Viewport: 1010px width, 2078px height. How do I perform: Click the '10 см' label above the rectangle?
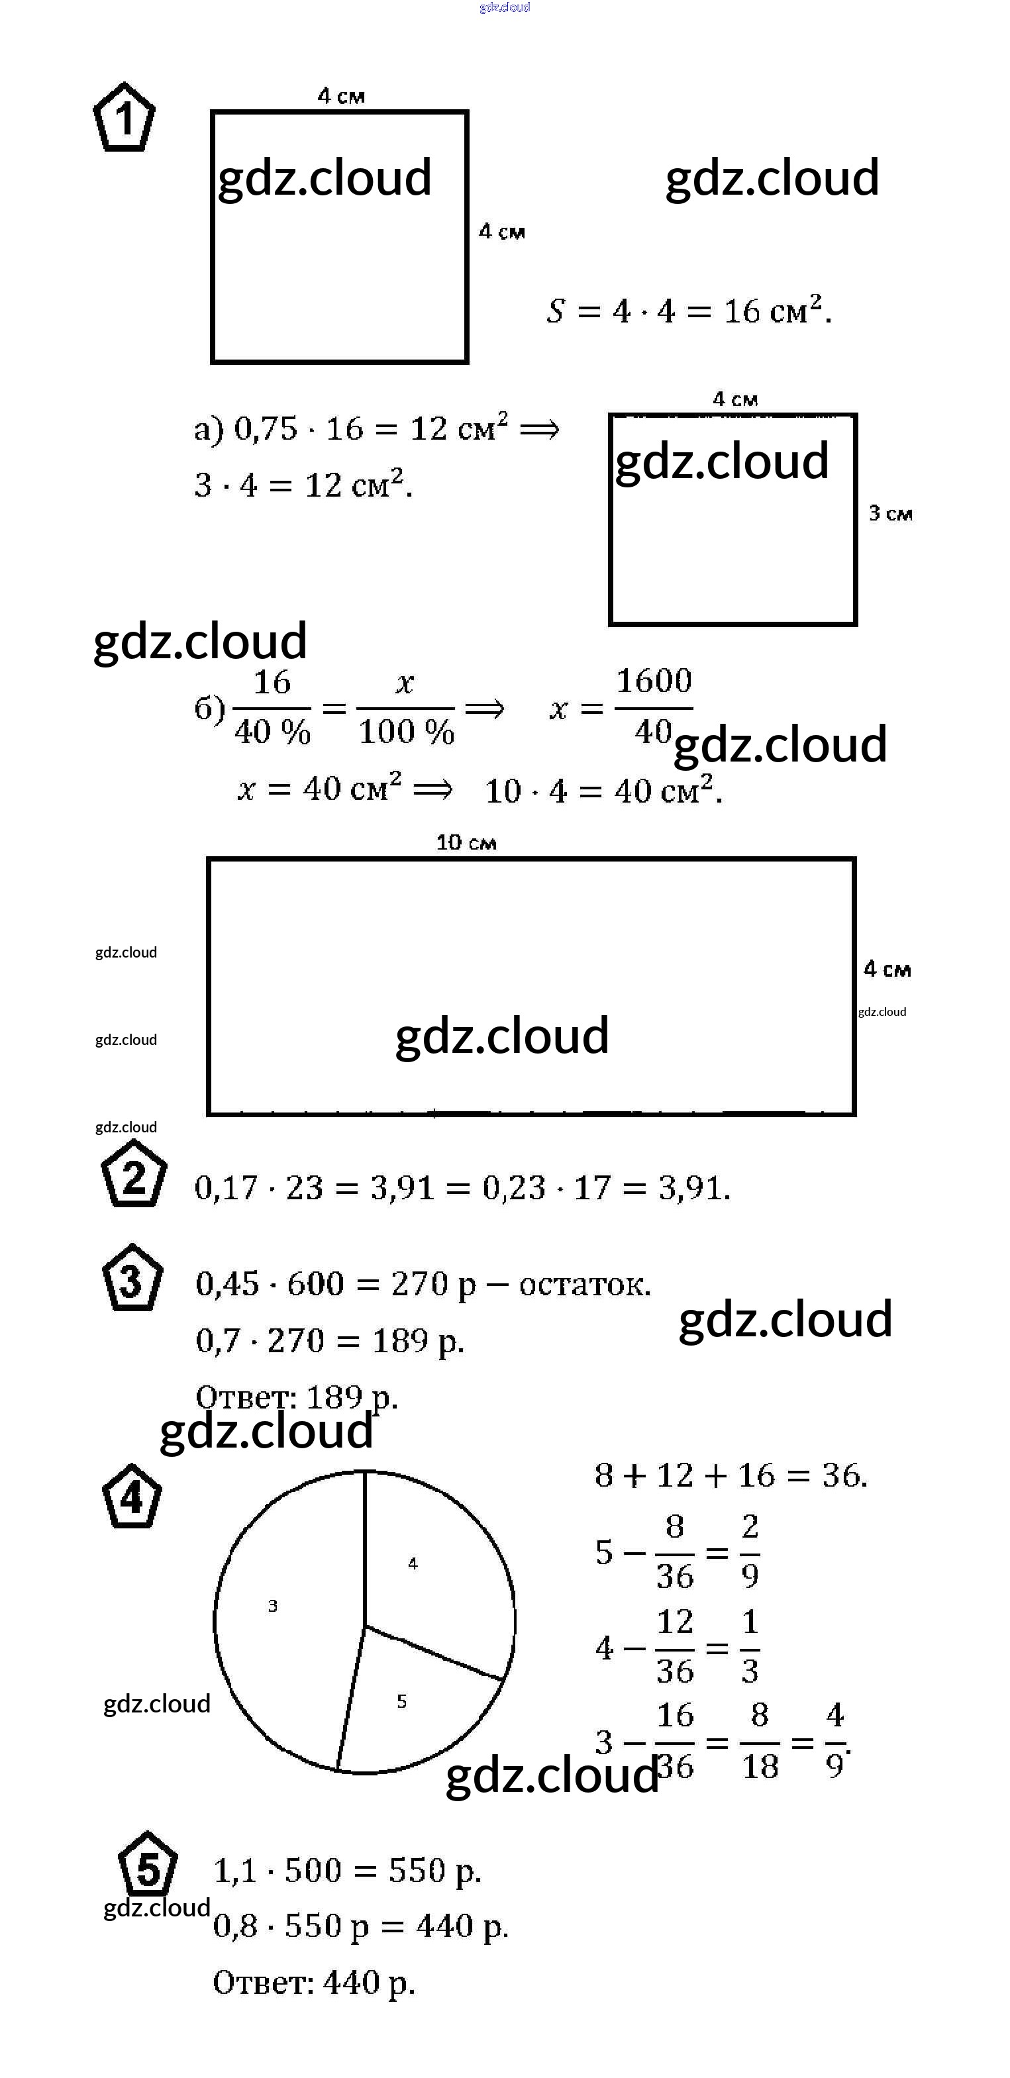pyautogui.click(x=466, y=843)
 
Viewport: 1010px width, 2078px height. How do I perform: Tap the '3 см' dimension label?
pyautogui.click(x=891, y=513)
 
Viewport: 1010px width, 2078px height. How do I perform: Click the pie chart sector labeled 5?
pyautogui.click(x=411, y=1702)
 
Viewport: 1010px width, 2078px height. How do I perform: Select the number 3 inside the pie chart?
pyautogui.click(x=273, y=1606)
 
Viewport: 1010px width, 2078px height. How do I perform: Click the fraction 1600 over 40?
pyautogui.click(x=654, y=707)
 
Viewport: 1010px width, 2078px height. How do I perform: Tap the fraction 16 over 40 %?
pyautogui.click(x=272, y=707)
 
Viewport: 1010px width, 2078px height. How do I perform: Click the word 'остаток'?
pyautogui.click(x=583, y=1283)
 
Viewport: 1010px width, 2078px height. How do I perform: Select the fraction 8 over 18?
pyautogui.click(x=760, y=1742)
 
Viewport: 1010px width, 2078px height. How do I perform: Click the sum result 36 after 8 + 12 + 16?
pyautogui.click(x=843, y=1475)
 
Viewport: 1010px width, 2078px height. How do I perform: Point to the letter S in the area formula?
pyautogui.click(x=556, y=311)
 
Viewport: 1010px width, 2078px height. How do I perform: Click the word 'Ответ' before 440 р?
pyautogui.click(x=262, y=1982)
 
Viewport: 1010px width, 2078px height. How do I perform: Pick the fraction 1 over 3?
pyautogui.click(x=750, y=1646)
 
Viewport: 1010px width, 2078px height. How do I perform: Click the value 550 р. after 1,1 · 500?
pyautogui.click(x=434, y=1871)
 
